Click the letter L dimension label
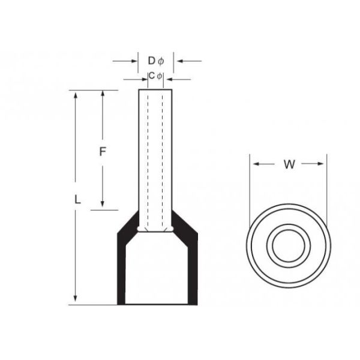coord(77,201)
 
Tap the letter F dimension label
coord(103,152)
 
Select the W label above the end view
coord(289,165)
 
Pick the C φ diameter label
coord(155,76)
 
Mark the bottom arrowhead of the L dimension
coord(76,299)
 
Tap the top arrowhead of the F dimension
coord(103,95)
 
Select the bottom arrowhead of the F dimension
coord(103,205)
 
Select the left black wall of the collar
coord(122,264)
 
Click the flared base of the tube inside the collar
coord(155,230)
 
